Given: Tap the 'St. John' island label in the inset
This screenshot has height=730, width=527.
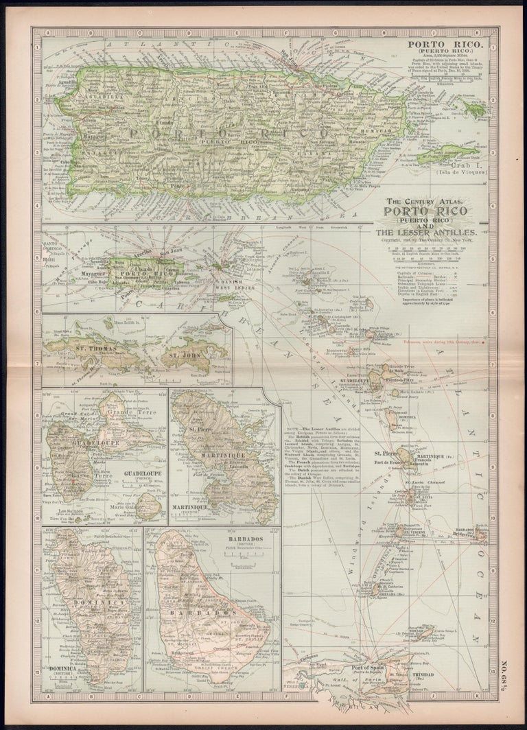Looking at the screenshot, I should pos(183,356).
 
